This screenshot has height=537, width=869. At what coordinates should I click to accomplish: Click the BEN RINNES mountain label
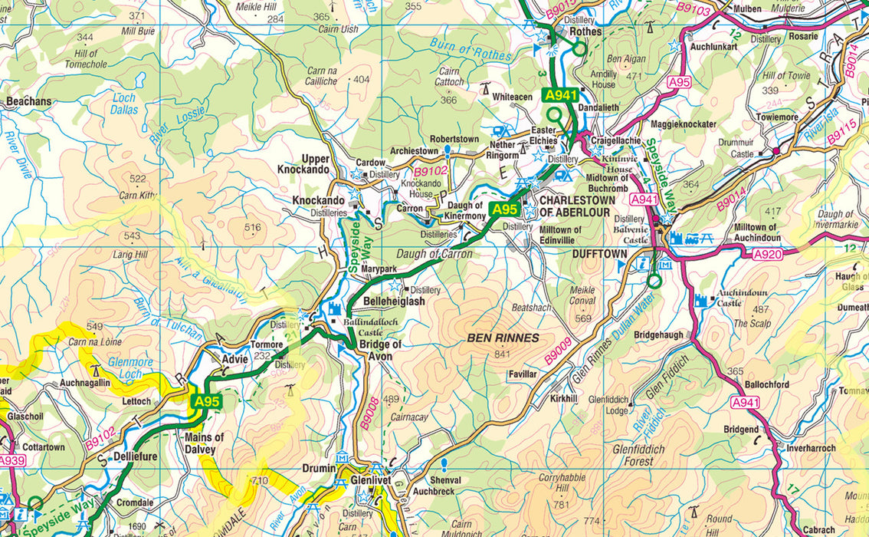503,338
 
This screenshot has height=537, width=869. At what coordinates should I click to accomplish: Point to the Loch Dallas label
123,104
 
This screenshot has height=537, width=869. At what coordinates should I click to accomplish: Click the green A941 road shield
559,95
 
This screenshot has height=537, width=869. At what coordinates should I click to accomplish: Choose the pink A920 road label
768,255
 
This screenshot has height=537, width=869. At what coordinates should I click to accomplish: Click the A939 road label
11,460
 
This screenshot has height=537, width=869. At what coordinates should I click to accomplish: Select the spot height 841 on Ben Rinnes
503,354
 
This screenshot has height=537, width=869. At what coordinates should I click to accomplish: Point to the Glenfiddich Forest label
638,455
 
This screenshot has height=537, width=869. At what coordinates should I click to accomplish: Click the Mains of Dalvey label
205,443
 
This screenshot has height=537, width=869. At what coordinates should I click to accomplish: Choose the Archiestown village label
414,151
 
